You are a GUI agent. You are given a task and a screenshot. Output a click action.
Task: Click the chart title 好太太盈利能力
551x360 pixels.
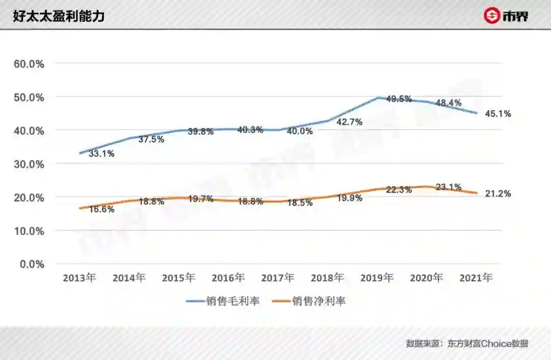point(59,16)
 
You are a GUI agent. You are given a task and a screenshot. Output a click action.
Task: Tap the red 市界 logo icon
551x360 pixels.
point(492,16)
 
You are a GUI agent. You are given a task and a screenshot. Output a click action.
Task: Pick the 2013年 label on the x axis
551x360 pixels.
point(80,278)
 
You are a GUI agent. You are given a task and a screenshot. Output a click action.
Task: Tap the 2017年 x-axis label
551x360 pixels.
point(278,278)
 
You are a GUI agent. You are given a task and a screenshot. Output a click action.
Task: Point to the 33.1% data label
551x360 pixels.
point(101,154)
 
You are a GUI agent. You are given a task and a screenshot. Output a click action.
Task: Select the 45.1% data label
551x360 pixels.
point(497,114)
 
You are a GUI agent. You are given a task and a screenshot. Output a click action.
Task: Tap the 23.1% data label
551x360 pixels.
point(448,187)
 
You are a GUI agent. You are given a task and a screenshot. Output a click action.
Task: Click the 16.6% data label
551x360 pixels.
point(101,209)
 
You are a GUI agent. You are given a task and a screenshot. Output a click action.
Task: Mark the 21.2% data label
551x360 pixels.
point(497,194)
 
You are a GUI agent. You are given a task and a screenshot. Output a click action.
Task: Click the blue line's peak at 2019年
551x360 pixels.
point(378,97)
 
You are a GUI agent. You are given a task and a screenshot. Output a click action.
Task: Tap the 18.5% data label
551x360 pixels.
point(300,203)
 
